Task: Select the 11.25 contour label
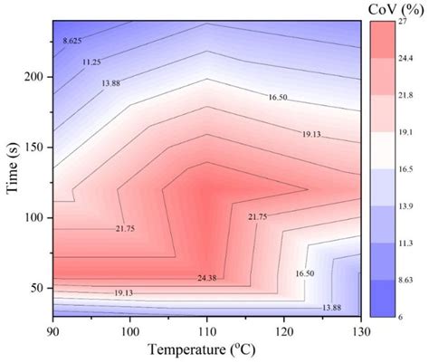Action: (x=92, y=62)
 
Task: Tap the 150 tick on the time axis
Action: (x=33, y=148)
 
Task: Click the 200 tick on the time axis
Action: (x=33, y=78)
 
